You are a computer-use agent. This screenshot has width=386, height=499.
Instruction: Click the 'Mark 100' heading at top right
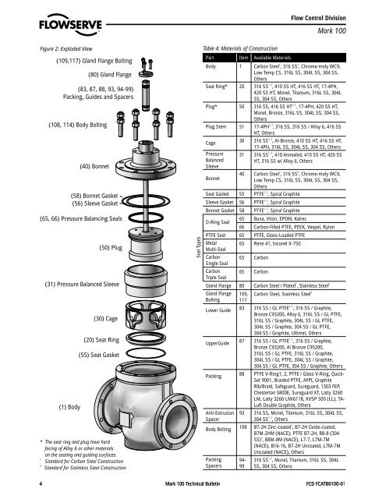tap(356, 29)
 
